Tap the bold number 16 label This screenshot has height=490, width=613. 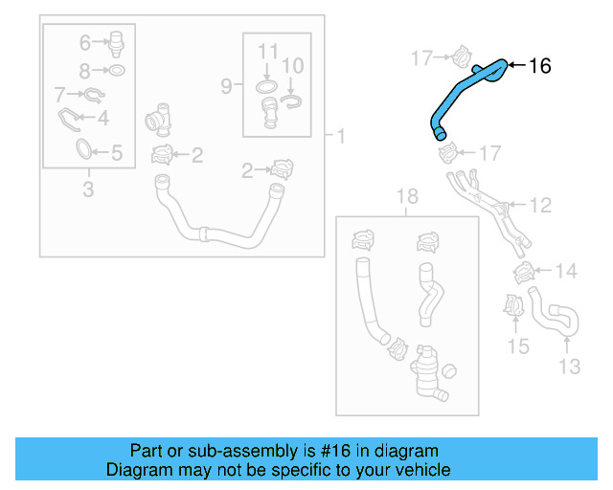(x=539, y=65)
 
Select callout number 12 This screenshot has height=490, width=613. (x=540, y=204)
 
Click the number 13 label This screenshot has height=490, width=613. (x=569, y=366)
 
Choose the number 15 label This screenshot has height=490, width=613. (x=518, y=345)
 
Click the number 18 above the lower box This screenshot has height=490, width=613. (x=407, y=197)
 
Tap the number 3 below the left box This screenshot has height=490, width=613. (x=87, y=189)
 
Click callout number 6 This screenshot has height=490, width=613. (x=84, y=42)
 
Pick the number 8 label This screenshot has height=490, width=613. (x=84, y=70)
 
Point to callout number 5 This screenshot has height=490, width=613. (x=117, y=151)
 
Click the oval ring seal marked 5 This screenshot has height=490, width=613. (x=84, y=150)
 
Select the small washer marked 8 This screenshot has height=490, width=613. (x=115, y=71)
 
